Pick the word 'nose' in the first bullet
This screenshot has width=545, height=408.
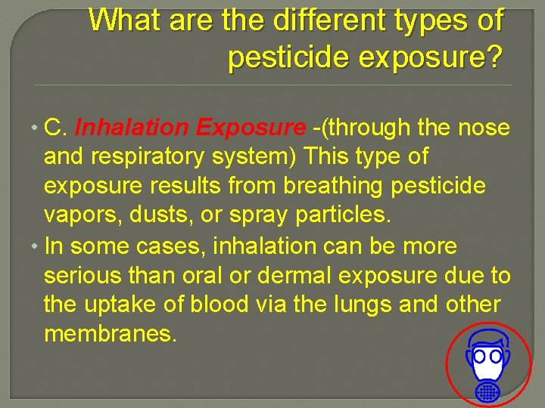484,128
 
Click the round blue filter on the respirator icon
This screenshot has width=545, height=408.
488,391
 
